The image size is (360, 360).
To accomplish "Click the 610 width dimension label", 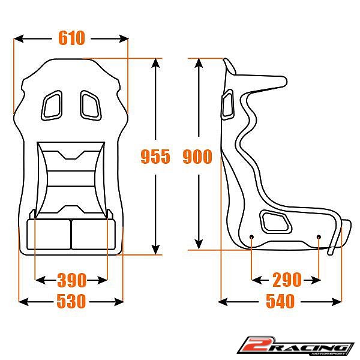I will [x=71, y=38].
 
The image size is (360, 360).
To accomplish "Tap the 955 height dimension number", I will [x=155, y=157].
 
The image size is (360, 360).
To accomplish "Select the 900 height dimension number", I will [x=197, y=157].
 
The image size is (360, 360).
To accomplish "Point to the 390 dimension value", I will [x=71, y=280].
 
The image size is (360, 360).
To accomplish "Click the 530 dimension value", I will [x=71, y=301].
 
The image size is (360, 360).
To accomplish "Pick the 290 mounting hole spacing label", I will [x=286, y=280].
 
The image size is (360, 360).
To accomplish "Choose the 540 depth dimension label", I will [x=280, y=301].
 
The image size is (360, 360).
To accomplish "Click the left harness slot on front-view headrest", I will [x=52, y=104].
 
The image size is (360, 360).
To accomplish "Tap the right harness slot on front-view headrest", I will [x=91, y=104].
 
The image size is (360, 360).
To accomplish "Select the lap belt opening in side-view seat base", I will [x=276, y=222].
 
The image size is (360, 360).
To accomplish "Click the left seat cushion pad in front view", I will [x=49, y=234].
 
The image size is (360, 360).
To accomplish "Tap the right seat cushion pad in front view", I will [x=93, y=234].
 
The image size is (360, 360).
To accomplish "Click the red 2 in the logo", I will [x=253, y=346].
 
